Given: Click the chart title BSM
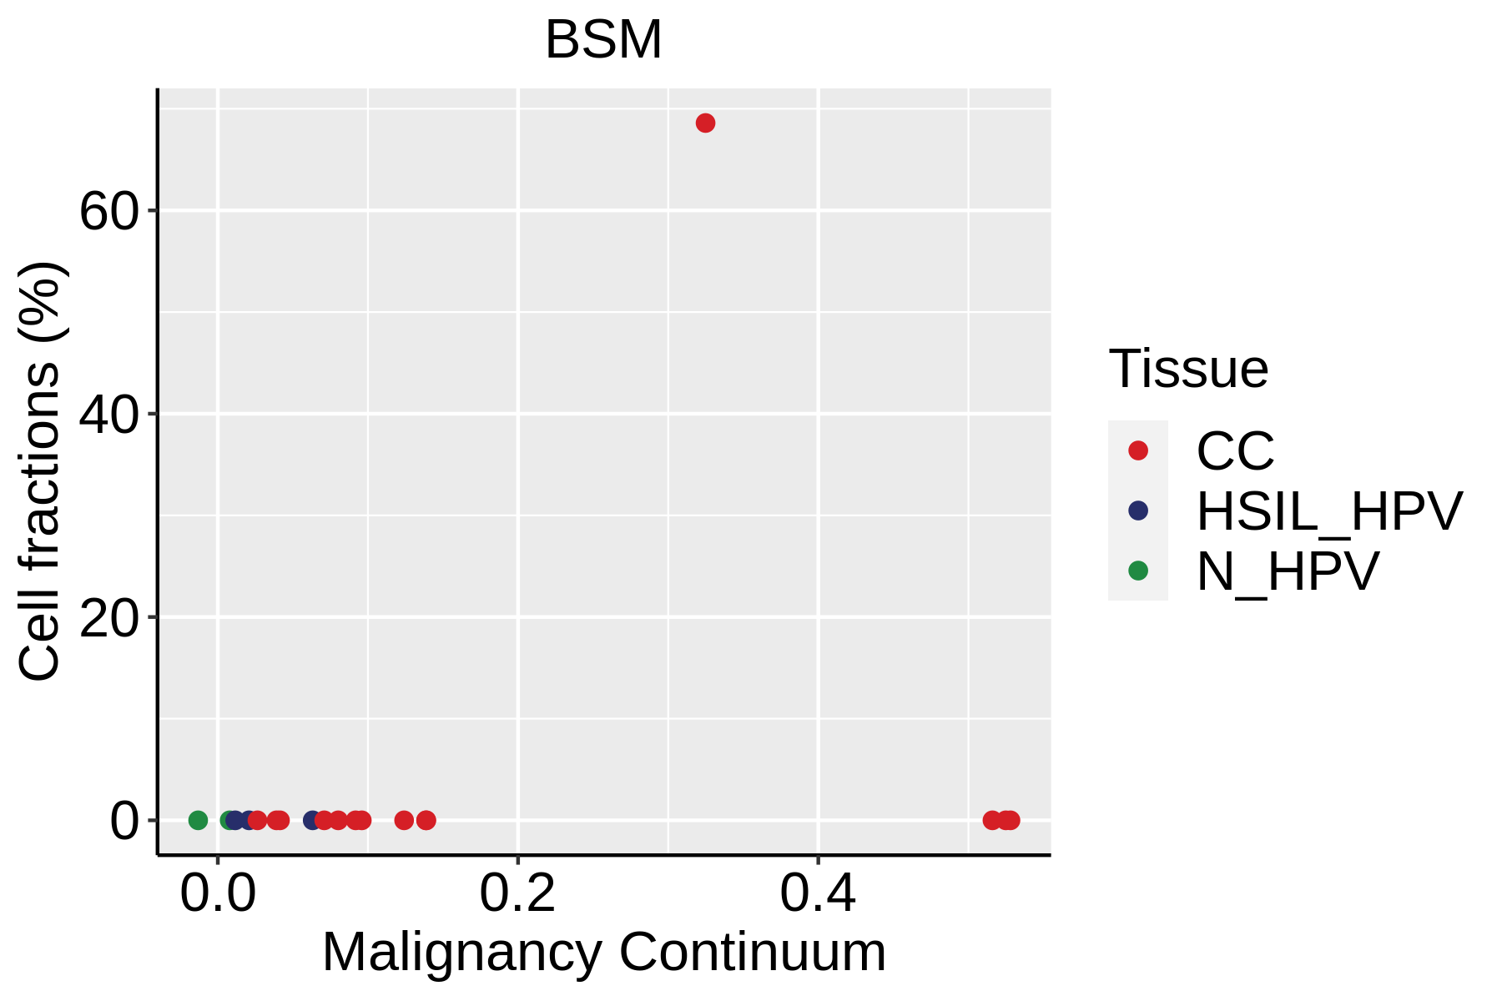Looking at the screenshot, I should (602, 40).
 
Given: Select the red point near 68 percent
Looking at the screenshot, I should (705, 123).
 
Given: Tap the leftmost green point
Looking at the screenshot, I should (198, 820).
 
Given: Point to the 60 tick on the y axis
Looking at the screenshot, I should (108, 212).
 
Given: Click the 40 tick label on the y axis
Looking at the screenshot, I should (108, 415).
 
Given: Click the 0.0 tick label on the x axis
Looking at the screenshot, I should (218, 894).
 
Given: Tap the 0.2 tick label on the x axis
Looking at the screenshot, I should (517, 894).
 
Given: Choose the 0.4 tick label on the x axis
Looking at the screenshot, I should (818, 894).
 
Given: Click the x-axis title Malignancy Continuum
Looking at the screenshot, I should (603, 952).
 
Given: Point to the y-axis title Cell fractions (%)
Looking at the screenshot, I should (40, 471).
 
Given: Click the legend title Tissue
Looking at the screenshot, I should (1188, 369).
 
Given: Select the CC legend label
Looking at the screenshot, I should (1235, 451).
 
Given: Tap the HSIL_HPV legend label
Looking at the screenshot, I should (1329, 511).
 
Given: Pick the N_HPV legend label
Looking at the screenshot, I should (1288, 571).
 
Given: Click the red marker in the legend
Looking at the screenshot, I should (1138, 450).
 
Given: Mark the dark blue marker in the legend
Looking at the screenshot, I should (1138, 511).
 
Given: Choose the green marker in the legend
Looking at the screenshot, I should (1138, 571).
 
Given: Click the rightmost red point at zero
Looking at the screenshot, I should (1011, 820).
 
